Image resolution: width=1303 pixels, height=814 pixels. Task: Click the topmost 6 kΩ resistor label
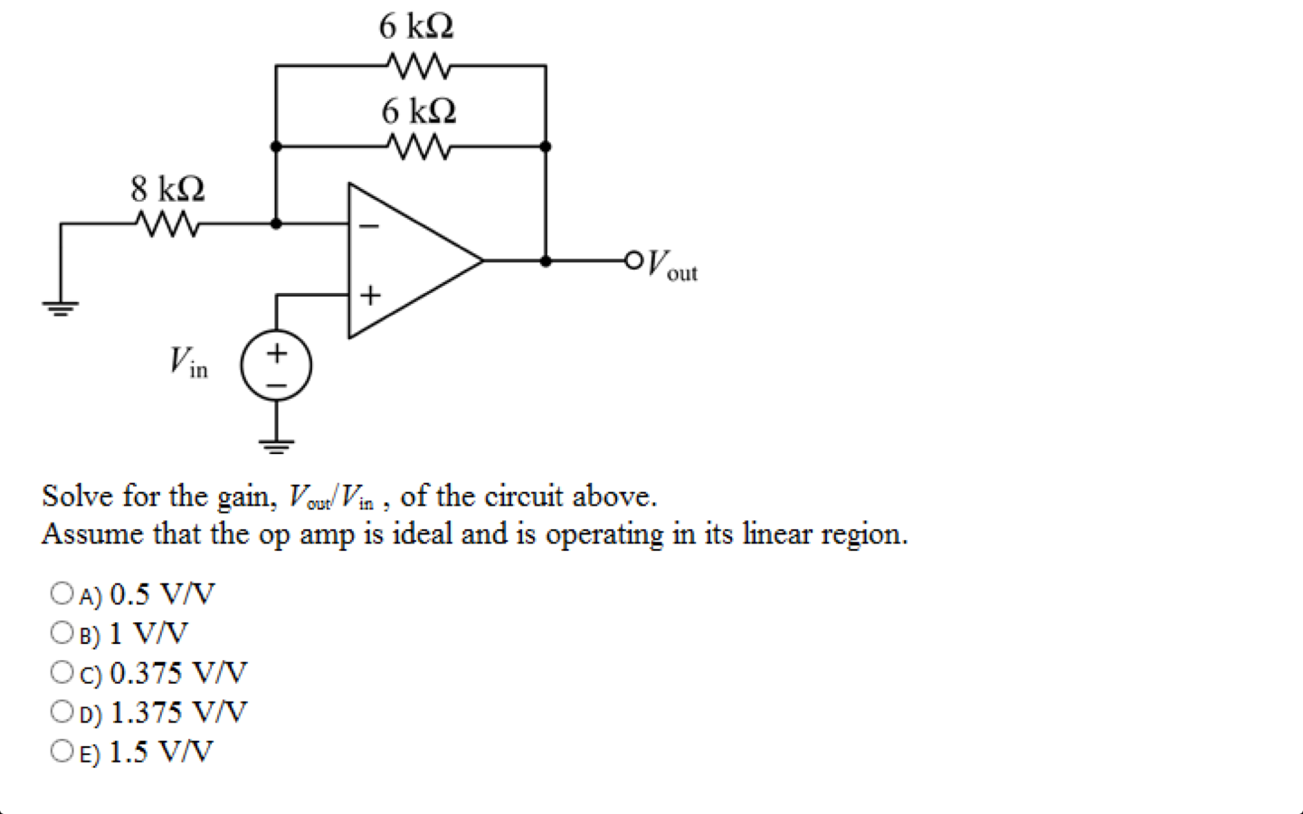click(x=416, y=26)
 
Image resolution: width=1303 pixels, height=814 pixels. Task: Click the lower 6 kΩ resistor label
click(x=418, y=111)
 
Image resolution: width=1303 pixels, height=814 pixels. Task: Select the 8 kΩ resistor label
click(x=167, y=189)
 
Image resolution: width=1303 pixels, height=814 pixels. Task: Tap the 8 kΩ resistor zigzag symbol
click(x=167, y=223)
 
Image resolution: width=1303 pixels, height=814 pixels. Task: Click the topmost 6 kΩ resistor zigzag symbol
click(x=417, y=66)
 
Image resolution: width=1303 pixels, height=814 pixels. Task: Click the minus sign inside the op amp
click(x=369, y=225)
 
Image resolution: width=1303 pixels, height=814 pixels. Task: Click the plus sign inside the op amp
click(x=370, y=296)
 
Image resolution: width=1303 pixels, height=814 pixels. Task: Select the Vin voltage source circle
click(x=276, y=366)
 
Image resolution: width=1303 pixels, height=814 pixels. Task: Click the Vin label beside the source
click(x=188, y=362)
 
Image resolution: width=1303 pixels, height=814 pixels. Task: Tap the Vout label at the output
click(x=672, y=265)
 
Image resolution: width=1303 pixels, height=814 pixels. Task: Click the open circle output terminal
click(x=633, y=260)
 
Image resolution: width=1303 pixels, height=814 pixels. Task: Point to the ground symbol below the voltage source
click(x=276, y=444)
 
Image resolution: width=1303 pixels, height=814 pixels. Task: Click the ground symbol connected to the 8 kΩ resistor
click(x=61, y=308)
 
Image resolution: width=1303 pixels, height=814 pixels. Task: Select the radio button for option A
click(x=62, y=593)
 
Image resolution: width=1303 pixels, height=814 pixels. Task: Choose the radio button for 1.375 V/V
click(x=62, y=712)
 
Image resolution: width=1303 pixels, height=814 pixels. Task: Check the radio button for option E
click(x=62, y=751)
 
